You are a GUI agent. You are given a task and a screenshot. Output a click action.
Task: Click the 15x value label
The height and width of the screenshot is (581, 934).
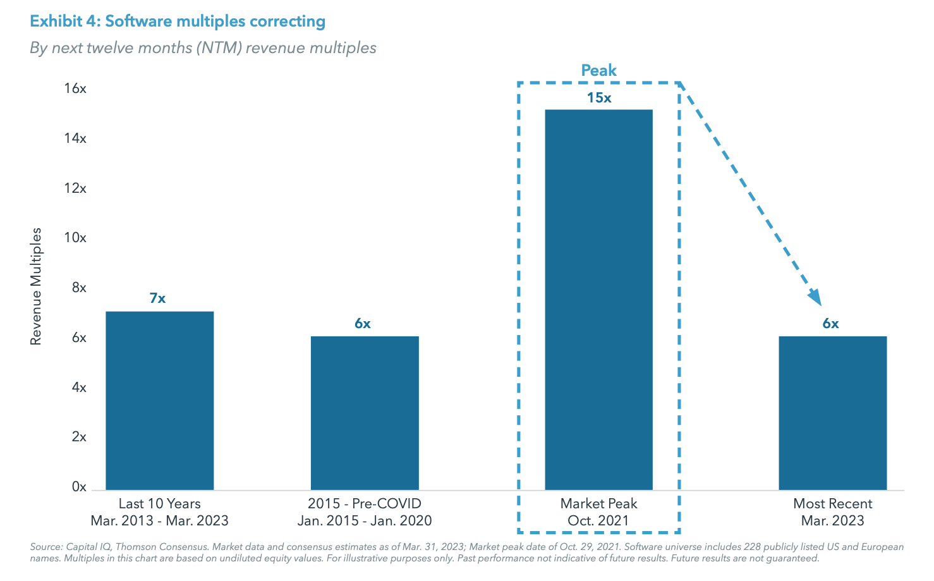coord(598,98)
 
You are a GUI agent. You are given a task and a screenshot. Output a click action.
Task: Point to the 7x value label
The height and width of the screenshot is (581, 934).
coord(157,298)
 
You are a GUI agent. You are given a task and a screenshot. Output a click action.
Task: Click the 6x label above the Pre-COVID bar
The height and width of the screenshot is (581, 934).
coord(362,324)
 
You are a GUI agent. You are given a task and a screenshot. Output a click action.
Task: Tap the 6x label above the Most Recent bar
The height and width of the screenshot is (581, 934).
coord(830,324)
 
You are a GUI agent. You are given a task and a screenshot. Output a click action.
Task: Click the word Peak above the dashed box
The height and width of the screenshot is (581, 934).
coord(598,70)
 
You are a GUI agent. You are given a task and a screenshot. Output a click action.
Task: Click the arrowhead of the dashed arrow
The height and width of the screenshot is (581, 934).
coord(815,297)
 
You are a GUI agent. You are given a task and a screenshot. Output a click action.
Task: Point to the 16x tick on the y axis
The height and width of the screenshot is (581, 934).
coord(75,89)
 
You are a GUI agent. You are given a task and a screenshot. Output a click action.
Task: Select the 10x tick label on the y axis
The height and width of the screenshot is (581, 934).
coord(75,238)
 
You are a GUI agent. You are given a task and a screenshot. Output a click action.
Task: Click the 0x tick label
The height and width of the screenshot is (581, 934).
coord(79,487)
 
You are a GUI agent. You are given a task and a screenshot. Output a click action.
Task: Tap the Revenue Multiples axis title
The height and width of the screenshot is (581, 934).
coord(36,286)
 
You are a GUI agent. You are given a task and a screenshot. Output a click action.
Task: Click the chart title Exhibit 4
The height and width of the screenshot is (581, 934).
coord(178,21)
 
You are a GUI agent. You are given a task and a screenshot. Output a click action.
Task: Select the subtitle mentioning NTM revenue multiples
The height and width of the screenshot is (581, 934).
coord(203,48)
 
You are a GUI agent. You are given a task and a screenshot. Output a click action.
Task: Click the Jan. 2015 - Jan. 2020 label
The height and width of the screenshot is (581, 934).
coord(365,521)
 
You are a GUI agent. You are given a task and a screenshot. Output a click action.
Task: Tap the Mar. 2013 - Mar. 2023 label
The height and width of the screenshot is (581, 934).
coord(159,521)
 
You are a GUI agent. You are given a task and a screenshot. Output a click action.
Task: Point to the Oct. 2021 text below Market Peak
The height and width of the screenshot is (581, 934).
coord(598,521)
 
